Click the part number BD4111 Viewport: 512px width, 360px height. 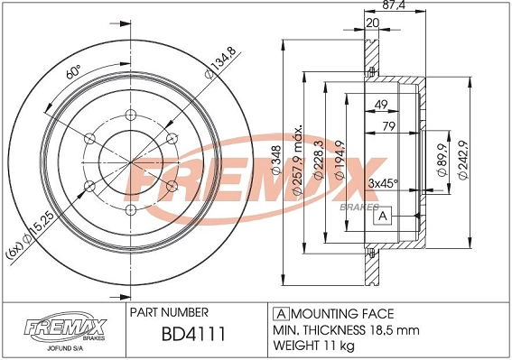click(x=193, y=334)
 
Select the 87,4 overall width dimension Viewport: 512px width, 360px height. click(x=394, y=5)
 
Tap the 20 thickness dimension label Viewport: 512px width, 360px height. click(x=373, y=23)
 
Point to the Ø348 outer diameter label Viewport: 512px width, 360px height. click(x=276, y=161)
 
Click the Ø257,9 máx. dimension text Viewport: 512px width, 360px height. click(x=297, y=160)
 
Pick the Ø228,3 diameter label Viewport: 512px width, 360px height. click(x=318, y=161)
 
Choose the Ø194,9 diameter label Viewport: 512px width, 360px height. click(x=340, y=161)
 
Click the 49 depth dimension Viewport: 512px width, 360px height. click(x=381, y=105)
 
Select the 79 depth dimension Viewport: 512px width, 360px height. click(x=388, y=126)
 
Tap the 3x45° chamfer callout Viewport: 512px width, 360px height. click(x=383, y=183)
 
